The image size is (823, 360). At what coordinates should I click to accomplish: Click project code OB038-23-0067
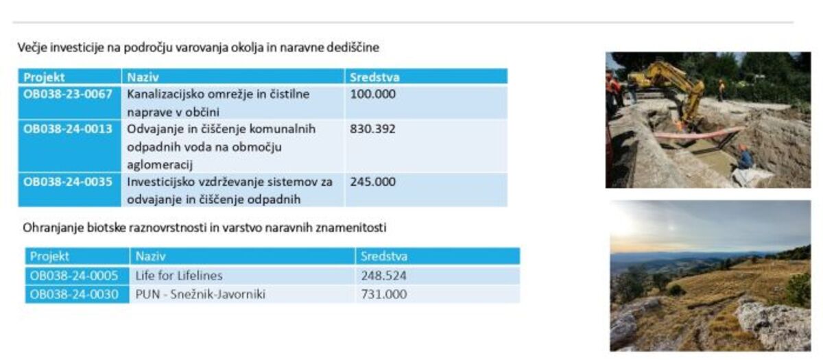pos(68,95)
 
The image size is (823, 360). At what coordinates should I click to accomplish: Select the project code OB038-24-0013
pos(68,129)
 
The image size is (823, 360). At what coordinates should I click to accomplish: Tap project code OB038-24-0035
pos(68,182)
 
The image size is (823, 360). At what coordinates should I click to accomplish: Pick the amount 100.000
pos(373,95)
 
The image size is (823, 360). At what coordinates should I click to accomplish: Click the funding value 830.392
pos(373,129)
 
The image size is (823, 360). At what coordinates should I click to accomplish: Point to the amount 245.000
pos(373,182)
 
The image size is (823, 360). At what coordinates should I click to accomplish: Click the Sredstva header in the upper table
pos(374,77)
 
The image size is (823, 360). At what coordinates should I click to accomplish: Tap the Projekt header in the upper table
pos(44,77)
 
